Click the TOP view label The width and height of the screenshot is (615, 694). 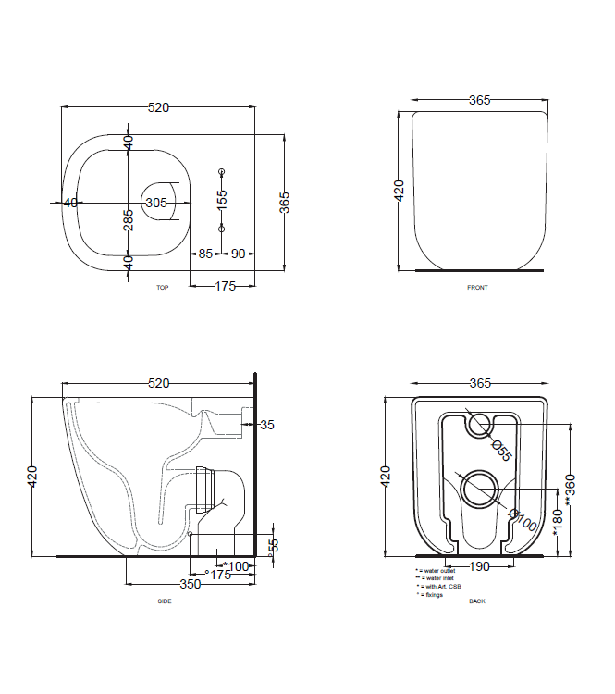pyautogui.click(x=162, y=288)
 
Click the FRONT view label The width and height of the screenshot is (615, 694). pyautogui.click(x=477, y=288)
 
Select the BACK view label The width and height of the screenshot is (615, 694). pyautogui.click(x=477, y=601)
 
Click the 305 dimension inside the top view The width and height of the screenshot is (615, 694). pyautogui.click(x=156, y=203)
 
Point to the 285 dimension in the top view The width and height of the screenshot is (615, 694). pyautogui.click(x=129, y=218)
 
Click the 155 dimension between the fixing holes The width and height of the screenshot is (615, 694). pyautogui.click(x=221, y=199)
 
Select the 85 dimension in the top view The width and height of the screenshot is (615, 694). pyautogui.click(x=204, y=254)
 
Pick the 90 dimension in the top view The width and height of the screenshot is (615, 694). pyautogui.click(x=238, y=254)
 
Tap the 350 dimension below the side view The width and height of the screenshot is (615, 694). pyautogui.click(x=190, y=585)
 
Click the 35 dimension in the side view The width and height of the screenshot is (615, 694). pyautogui.click(x=267, y=425)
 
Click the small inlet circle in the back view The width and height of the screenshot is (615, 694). pyautogui.click(x=479, y=425)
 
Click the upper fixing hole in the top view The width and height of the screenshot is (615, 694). pyautogui.click(x=221, y=172)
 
